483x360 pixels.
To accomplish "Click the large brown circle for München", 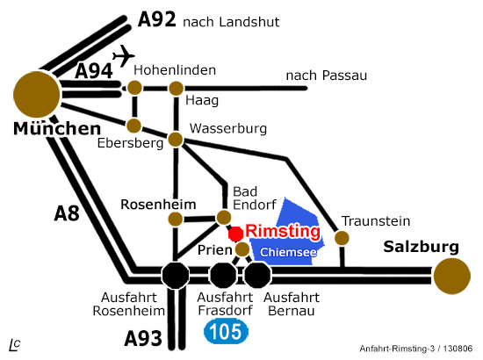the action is coord(37,95).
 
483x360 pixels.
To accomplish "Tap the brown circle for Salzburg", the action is coord(452,277).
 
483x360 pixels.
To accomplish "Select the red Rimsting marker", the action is coord(235,234).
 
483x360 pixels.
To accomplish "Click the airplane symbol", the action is coord(124,55).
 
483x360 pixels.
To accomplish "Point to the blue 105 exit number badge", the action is coord(226,332).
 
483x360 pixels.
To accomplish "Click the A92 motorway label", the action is coord(157,19).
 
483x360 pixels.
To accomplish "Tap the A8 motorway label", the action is coord(67,212).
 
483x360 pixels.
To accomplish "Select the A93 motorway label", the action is coord(143,338).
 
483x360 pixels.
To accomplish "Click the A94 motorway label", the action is coord(94,71).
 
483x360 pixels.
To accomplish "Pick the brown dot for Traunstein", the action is coord(342,238).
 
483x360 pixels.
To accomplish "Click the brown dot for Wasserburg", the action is coord(176,140).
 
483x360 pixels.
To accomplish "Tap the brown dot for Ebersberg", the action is coord(134,126).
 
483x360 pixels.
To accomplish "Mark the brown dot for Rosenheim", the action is coord(176,220).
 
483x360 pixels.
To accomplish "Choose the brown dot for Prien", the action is coord(242,249).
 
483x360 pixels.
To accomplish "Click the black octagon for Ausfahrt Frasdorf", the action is coord(223,276).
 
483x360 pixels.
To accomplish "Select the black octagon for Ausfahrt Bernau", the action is coord(257,276).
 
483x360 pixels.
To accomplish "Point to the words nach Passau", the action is coord(327,76).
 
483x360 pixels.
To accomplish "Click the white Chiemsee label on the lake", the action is coord(288,252).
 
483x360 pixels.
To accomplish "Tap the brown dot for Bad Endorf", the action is coord(224,218).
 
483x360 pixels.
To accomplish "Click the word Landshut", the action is coord(249,22).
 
